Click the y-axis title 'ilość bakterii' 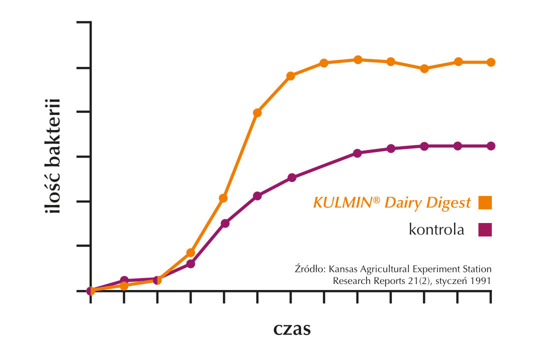[52, 156]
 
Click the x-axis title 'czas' [292, 329]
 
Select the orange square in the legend [485, 202]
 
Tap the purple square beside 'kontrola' [485, 229]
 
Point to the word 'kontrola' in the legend [436, 229]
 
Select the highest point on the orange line [358, 59]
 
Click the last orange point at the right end [491, 62]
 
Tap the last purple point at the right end [491, 146]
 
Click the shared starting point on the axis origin [90, 290]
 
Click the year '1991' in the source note [481, 280]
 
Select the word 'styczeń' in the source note [451, 280]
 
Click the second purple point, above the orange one [124, 280]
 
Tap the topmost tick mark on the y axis [83, 22]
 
